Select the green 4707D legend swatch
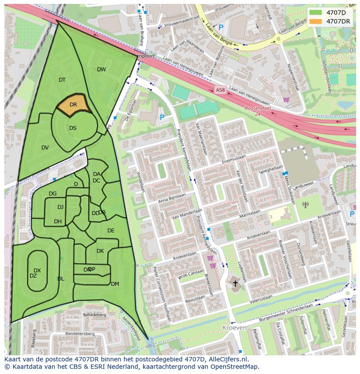(x=316, y=13)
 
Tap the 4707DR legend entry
(x=338, y=21)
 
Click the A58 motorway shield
(x=220, y=90)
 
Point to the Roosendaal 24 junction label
(x=258, y=111)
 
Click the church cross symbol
(x=235, y=284)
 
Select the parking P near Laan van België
(x=221, y=27)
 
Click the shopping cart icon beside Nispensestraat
(x=286, y=99)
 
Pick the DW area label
(x=101, y=70)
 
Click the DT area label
(x=62, y=80)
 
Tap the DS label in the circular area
(x=73, y=128)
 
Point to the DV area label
(x=45, y=148)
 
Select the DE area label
(x=111, y=231)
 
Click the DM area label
(x=115, y=284)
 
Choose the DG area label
(x=53, y=194)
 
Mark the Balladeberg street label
(x=94, y=314)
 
